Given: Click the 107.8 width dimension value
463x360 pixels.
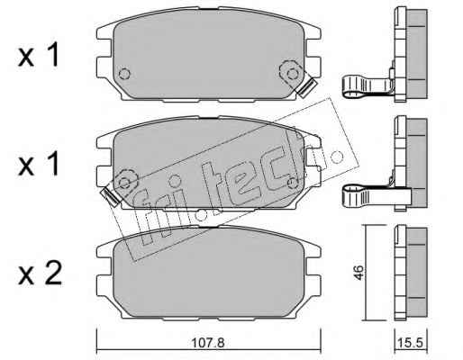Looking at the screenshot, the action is (208, 343).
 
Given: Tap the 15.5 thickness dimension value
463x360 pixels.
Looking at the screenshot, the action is (410, 343).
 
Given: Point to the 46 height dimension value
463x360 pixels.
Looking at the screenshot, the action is (359, 272).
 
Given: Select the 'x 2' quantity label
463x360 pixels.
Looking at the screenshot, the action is (40, 274).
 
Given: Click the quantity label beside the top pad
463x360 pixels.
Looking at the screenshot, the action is (39, 56).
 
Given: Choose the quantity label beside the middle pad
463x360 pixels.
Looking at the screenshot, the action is (39, 164).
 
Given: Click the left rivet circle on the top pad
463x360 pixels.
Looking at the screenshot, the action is (124, 74).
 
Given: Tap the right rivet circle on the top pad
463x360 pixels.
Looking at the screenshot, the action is (292, 74).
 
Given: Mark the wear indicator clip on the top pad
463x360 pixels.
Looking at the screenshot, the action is (307, 87).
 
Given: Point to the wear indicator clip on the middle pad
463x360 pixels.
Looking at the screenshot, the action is (111, 196).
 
